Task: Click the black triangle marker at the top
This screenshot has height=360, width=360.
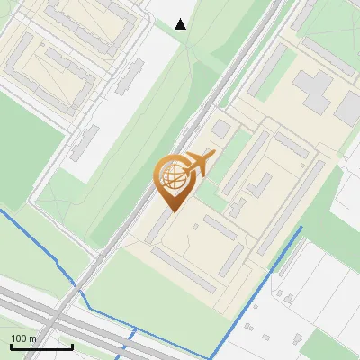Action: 181,24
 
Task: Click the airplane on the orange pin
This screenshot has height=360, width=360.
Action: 199,164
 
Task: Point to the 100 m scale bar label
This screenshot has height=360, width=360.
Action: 23,338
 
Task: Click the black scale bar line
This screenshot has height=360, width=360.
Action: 41,346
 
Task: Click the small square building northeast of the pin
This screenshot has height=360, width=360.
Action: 221,129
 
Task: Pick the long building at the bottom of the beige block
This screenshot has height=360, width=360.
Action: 184,270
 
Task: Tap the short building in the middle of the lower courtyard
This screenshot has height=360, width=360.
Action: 233,262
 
